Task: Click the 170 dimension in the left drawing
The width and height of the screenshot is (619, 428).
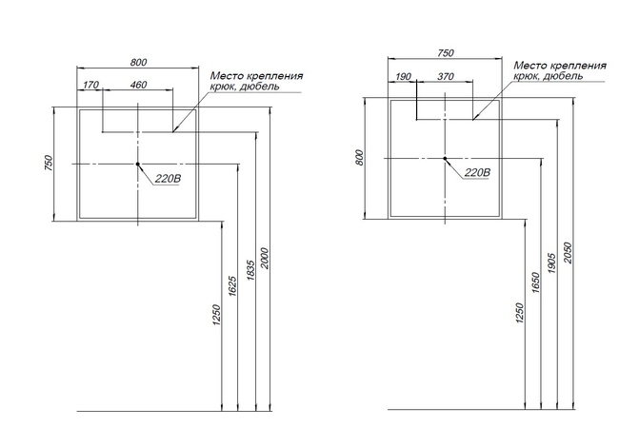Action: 90,85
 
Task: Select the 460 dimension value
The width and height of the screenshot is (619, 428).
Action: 138,85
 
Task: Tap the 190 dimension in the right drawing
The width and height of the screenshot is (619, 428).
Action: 403,76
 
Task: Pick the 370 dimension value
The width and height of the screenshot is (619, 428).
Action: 446,76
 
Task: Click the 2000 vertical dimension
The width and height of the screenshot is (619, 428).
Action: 265,259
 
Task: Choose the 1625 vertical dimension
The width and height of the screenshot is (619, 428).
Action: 232,286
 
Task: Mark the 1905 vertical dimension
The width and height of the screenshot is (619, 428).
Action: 552,263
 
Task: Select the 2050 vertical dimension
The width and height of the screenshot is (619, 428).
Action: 568,253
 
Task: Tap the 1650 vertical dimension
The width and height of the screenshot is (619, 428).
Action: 535,282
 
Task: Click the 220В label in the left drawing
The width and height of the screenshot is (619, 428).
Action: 168,179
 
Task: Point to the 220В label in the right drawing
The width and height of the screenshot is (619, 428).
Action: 477,172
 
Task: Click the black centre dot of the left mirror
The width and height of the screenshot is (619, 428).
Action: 138,164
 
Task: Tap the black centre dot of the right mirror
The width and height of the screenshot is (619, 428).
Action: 445,159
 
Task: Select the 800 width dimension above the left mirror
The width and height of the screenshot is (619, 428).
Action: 138,62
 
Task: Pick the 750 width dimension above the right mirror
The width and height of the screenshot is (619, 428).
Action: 446,53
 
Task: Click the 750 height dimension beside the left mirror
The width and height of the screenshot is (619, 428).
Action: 48,164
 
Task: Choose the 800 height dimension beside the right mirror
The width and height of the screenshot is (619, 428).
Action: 359,158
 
